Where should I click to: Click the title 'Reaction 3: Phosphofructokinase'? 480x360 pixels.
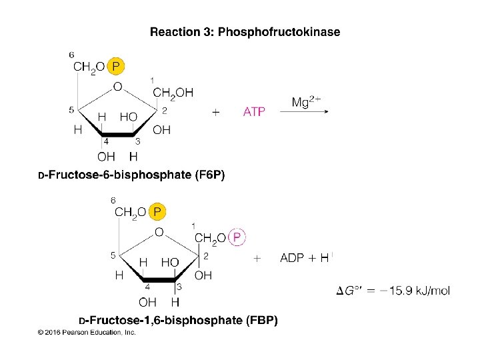tap(245, 32)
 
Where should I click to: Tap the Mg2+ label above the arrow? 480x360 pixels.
tap(307, 102)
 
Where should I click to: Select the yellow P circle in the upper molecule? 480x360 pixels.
tap(116, 67)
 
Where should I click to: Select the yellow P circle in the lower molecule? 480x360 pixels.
tap(157, 212)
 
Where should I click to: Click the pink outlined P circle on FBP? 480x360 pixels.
tap(237, 237)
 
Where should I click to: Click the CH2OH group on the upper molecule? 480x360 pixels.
tap(173, 93)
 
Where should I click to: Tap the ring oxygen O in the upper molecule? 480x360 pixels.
tap(117, 87)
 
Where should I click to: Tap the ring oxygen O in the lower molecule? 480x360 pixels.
tap(158, 232)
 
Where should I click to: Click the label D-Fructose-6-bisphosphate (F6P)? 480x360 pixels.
tap(131, 176)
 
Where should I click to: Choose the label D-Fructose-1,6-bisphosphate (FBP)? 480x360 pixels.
tap(178, 321)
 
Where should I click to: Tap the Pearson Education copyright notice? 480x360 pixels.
tap(87, 332)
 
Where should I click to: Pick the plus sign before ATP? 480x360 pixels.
tap(215, 113)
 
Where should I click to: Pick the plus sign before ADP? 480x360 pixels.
tap(257, 258)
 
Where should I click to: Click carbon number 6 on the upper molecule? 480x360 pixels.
tap(72, 54)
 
